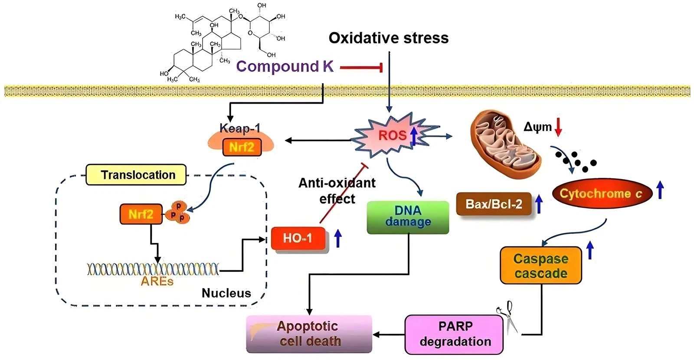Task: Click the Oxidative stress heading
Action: click(x=388, y=38)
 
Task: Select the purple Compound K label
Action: click(x=285, y=66)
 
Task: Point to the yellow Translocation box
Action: click(x=136, y=175)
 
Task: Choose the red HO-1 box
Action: click(x=298, y=238)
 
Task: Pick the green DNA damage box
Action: click(x=408, y=217)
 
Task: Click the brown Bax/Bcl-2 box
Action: click(x=494, y=204)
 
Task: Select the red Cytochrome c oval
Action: click(x=602, y=193)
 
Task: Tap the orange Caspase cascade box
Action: click(x=540, y=265)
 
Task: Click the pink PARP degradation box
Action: click(x=454, y=334)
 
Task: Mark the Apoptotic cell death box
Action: click(x=309, y=334)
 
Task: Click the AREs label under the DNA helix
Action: click(x=157, y=281)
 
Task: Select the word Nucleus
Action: click(x=226, y=293)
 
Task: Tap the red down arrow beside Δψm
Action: click(x=558, y=127)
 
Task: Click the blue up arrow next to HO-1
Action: click(x=338, y=239)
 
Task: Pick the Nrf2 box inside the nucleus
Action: click(x=141, y=214)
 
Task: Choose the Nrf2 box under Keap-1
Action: click(x=242, y=147)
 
